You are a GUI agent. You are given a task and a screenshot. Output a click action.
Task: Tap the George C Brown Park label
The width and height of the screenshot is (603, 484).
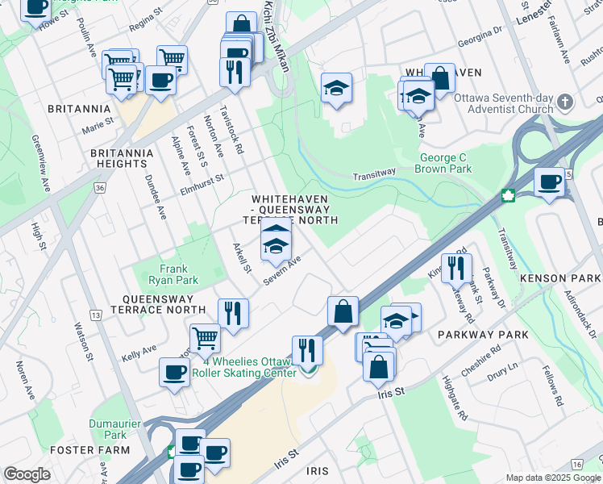click(443, 164)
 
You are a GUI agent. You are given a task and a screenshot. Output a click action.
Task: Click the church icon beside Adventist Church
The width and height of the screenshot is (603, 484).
click(564, 103)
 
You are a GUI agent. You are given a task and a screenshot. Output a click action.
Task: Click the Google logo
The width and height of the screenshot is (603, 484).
click(27, 474)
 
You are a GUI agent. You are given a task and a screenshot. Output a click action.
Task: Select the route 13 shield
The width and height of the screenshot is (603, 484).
click(96, 314)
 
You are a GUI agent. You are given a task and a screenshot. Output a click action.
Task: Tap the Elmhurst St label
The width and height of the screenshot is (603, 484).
click(201, 188)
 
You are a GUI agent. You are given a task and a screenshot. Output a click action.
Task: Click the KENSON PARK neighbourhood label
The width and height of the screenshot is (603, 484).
click(560, 278)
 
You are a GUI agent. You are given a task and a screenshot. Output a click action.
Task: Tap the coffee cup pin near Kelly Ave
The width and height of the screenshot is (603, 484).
click(174, 373)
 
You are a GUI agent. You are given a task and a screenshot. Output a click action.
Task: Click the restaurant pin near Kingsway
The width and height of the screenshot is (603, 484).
click(456, 268)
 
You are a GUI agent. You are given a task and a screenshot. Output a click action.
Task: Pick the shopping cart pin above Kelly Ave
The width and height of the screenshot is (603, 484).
click(205, 338)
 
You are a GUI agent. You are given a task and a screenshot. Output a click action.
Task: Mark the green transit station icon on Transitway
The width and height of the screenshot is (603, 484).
click(509, 195)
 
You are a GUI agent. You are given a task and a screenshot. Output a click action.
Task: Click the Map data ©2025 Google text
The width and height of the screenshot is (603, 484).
click(552, 478)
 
